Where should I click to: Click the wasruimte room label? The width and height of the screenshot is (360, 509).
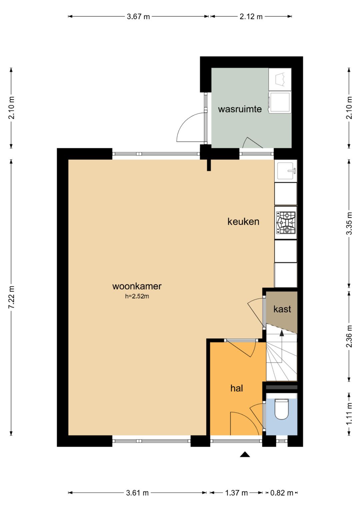pyautogui.click(x=240, y=109)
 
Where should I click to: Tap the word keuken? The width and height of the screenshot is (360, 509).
pyautogui.click(x=243, y=221)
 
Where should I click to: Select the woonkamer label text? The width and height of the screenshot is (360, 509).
pyautogui.click(x=137, y=286)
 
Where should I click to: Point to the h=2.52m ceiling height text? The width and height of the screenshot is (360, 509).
pyautogui.click(x=137, y=296)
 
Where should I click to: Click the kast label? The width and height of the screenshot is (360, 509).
pyautogui.click(x=282, y=309)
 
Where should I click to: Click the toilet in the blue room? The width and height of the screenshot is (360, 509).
pyautogui.click(x=281, y=409)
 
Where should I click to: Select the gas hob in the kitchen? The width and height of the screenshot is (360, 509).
pyautogui.click(x=286, y=223)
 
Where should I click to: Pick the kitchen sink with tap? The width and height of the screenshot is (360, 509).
pyautogui.click(x=286, y=170)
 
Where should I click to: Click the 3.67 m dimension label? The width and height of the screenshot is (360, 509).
pyautogui.click(x=138, y=17)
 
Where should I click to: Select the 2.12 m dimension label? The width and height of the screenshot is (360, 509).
pyautogui.click(x=251, y=17)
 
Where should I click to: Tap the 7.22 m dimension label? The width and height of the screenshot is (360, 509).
pyautogui.click(x=11, y=297)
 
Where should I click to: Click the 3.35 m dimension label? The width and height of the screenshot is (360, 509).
pyautogui.click(x=349, y=223)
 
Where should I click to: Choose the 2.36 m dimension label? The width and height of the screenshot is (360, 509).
pyautogui.click(x=349, y=336)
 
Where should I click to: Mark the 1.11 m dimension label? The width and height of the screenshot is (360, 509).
pyautogui.click(x=349, y=413)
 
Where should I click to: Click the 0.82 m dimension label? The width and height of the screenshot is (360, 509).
pyautogui.click(x=282, y=491)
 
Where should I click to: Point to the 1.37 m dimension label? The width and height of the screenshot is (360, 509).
pyautogui.click(x=236, y=491)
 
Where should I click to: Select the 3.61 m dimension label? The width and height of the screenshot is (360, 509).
pyautogui.click(x=137, y=491)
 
